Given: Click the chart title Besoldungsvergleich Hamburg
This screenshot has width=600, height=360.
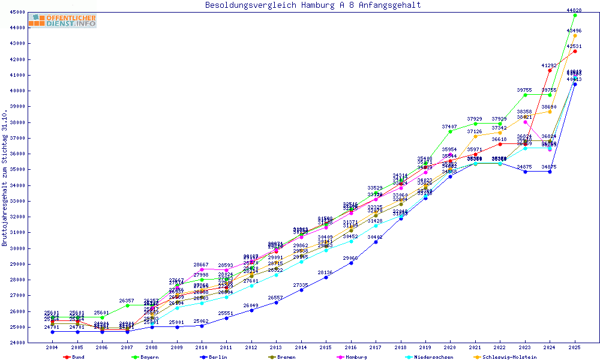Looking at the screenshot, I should click(x=313, y=5).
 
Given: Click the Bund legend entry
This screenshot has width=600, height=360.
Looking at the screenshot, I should click(x=77, y=357).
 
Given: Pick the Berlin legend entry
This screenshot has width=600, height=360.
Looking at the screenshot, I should click(x=217, y=357).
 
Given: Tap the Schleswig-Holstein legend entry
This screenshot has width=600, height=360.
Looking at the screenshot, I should click(x=509, y=357).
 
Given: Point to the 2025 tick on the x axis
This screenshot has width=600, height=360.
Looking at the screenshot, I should click(x=575, y=347).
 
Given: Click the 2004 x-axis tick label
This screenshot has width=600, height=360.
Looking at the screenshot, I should click(x=52, y=347).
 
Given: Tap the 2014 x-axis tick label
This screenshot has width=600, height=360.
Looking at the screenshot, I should click(x=301, y=347).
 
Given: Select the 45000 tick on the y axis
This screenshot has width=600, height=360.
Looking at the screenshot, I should click(x=17, y=12).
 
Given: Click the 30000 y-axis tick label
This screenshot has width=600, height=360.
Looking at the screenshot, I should click(x=17, y=248).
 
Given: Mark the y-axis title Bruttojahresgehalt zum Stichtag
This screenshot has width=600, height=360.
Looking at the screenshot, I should click(x=5, y=178).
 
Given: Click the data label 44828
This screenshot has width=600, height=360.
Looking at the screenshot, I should click(x=574, y=10).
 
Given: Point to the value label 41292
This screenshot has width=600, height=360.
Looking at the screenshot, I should click(x=550, y=65).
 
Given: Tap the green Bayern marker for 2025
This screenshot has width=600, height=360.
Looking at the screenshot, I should click(x=575, y=15).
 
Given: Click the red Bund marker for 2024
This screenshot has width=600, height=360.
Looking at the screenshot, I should click(x=550, y=70).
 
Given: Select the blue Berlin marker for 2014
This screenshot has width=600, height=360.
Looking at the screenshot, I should click(x=301, y=290).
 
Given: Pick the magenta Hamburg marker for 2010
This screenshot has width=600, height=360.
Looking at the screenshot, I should click(x=202, y=269).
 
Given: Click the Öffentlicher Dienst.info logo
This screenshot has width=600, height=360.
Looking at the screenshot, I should click(x=62, y=20).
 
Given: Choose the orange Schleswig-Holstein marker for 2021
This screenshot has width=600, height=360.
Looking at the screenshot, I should click(x=475, y=136).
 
